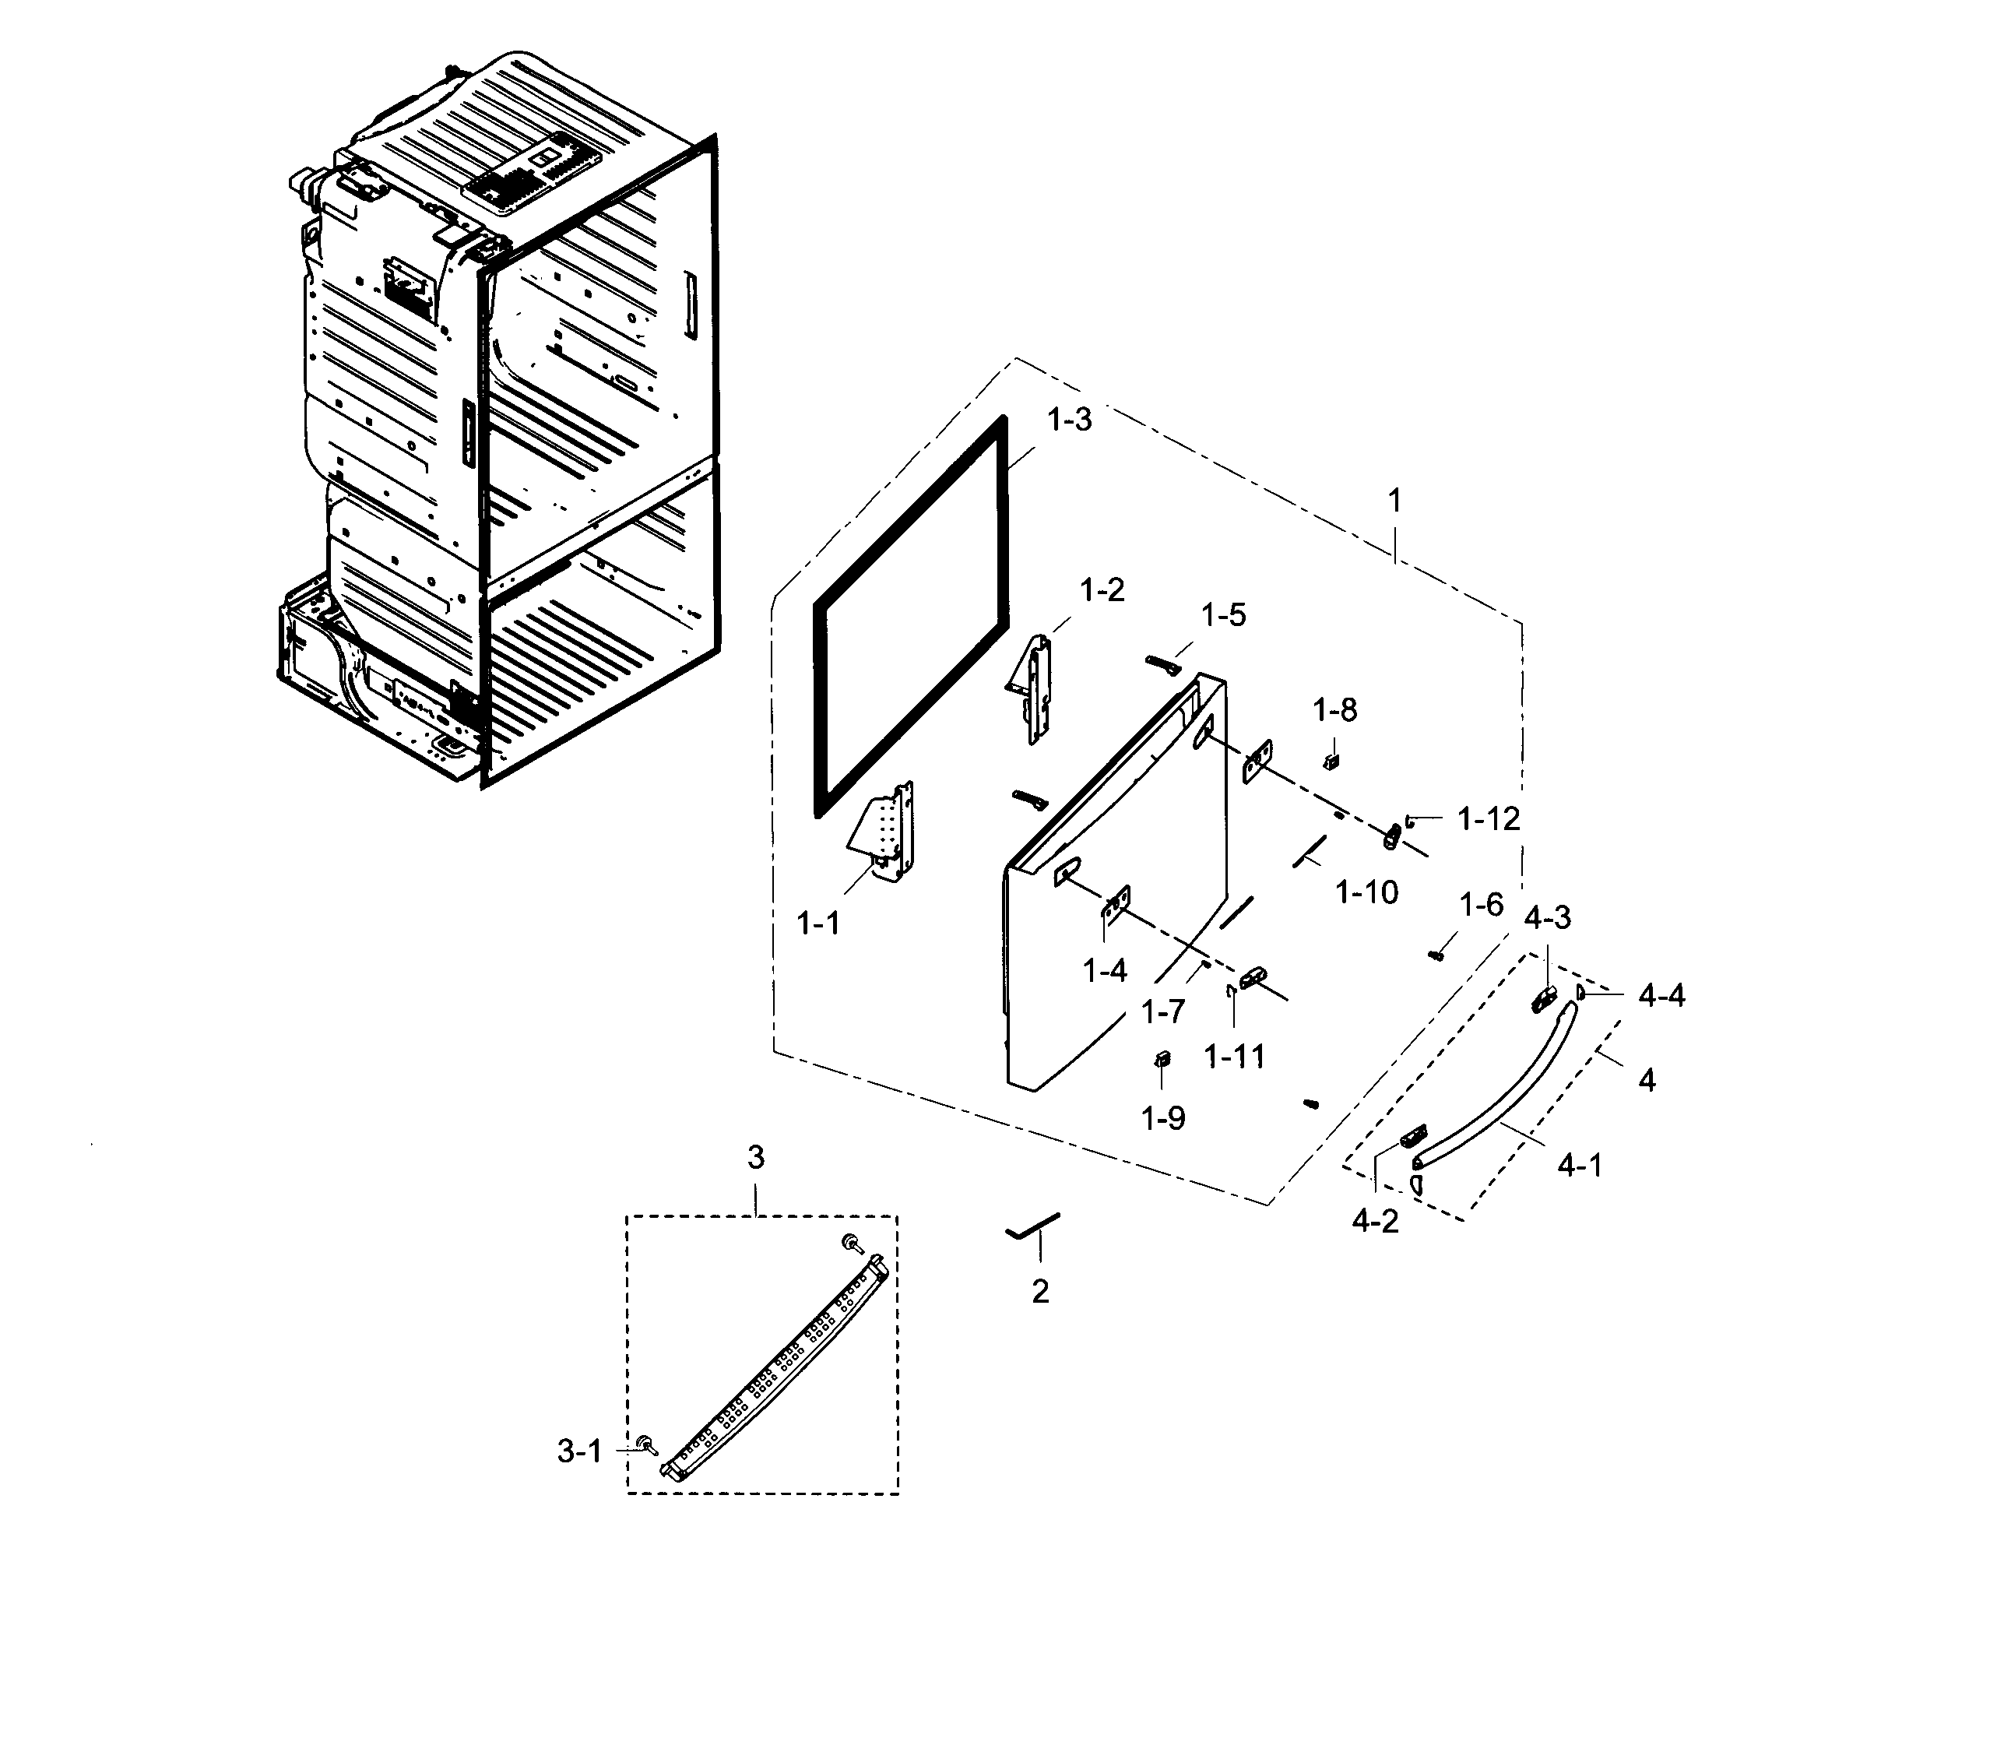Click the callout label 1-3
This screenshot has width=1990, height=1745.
pos(1069,420)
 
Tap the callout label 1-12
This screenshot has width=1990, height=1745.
pos(1488,819)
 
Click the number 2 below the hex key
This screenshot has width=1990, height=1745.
pos(1040,1291)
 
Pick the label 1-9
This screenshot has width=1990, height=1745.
pos(1162,1118)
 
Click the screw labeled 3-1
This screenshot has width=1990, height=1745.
pos(645,1444)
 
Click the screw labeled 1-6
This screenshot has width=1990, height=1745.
pos(1435,955)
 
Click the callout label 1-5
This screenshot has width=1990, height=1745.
pos(1223,614)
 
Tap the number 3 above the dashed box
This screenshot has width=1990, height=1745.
pos(755,1157)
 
